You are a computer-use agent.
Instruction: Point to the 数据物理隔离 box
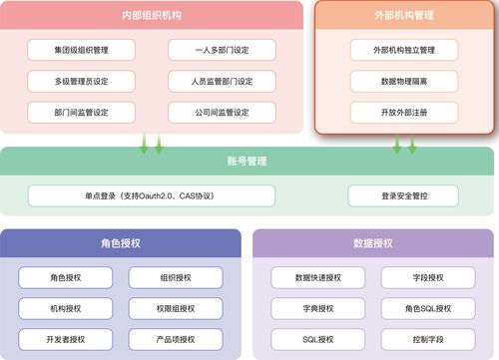(404, 81)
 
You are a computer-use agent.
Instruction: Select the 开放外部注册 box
(404, 112)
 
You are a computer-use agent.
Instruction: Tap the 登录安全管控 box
(403, 195)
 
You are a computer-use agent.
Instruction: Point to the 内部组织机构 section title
(152, 16)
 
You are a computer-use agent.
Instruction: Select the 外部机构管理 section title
(404, 16)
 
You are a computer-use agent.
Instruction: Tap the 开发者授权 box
(66, 340)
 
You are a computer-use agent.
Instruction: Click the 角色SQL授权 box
(428, 309)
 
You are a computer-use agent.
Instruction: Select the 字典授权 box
(318, 309)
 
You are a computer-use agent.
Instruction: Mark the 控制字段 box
(428, 340)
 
